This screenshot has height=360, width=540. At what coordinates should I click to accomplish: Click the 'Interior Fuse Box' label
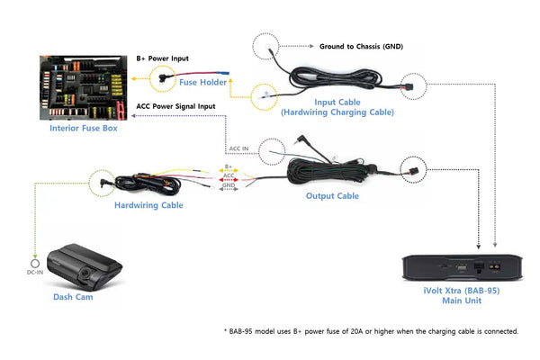click(83, 129)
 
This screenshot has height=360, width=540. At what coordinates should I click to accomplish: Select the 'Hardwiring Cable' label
click(149, 205)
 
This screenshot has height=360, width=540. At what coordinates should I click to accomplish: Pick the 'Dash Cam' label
click(73, 297)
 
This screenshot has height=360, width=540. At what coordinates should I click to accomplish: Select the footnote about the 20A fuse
click(371, 330)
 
